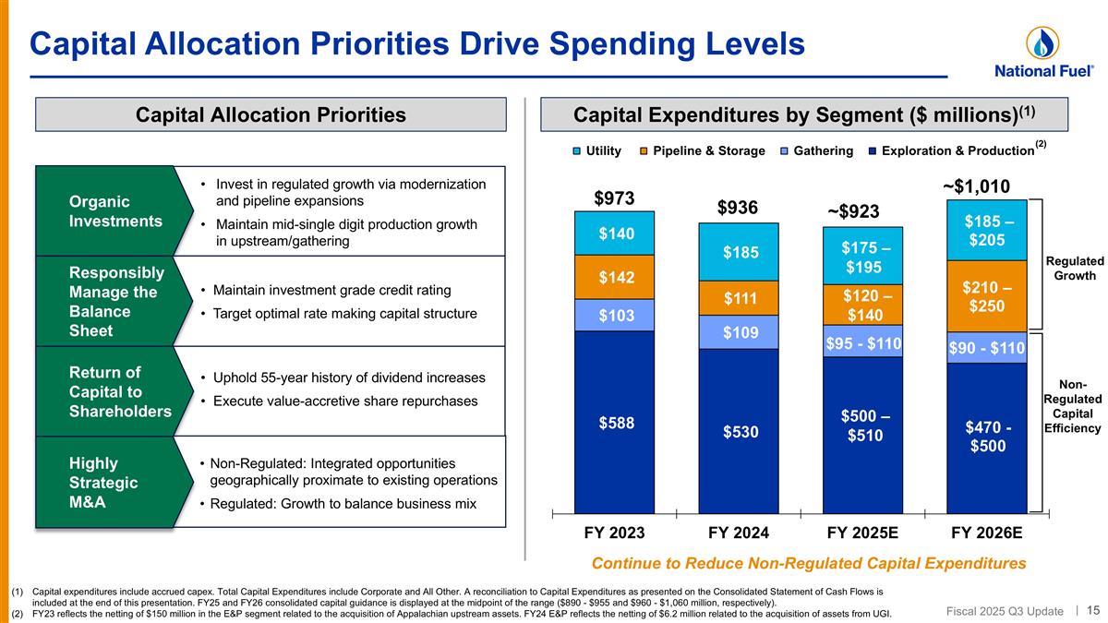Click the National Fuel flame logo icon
click(1042, 42)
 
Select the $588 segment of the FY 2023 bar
click(614, 422)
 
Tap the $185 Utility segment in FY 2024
click(739, 252)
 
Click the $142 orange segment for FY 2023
click(614, 277)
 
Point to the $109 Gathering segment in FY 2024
click(739, 332)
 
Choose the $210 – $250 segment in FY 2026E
click(986, 296)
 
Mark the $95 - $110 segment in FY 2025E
click(863, 342)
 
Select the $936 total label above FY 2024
click(739, 209)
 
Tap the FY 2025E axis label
click(863, 533)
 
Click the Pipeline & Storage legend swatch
click(646, 150)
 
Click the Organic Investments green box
click(104, 211)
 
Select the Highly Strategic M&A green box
click(104, 483)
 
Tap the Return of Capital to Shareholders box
click(104, 391)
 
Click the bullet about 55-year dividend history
click(347, 378)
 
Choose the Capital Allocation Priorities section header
click(271, 114)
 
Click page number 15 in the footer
click(1092, 609)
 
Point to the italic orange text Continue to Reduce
click(808, 563)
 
